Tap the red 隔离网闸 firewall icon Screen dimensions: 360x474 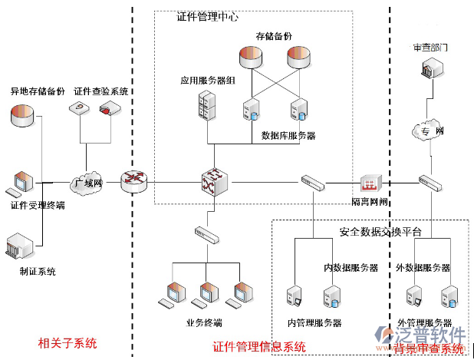[371, 184]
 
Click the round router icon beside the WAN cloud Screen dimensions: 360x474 [133, 181]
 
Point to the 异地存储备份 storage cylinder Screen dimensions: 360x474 [23, 117]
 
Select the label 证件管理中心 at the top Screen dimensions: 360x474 [207, 16]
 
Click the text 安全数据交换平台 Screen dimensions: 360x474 [380, 231]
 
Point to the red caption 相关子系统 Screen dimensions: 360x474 [67, 342]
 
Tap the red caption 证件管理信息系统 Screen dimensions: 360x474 [258, 347]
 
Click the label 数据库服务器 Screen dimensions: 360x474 [288, 136]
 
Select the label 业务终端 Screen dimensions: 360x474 [203, 322]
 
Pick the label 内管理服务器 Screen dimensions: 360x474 [314, 322]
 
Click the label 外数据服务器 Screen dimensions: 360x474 [424, 268]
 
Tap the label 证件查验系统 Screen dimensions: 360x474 [100, 91]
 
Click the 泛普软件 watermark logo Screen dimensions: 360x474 [430, 335]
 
